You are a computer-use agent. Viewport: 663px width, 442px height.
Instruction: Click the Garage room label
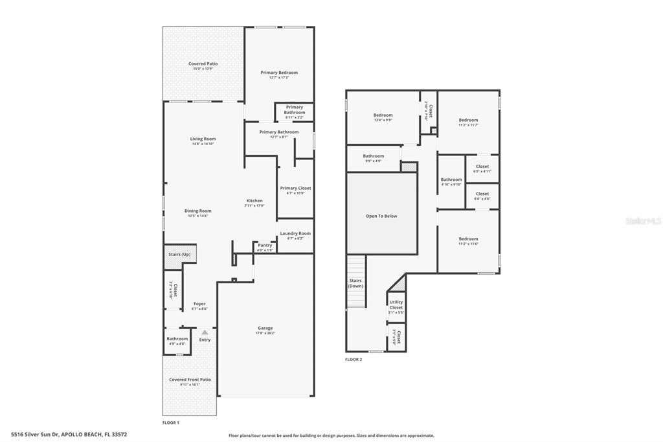(x=265, y=329)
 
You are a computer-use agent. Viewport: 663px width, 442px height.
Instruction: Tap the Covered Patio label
(x=203, y=64)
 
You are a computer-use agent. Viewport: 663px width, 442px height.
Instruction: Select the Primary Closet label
(x=295, y=189)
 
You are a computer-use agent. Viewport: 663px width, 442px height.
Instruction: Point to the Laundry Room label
(x=295, y=234)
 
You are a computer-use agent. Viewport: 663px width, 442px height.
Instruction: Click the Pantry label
(x=265, y=246)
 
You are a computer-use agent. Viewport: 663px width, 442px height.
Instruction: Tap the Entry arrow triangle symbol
(x=205, y=332)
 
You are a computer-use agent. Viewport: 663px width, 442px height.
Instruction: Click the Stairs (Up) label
(x=179, y=254)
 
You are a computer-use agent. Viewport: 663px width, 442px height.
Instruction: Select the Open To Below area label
(x=381, y=216)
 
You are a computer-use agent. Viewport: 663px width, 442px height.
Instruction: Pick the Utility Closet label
(x=396, y=304)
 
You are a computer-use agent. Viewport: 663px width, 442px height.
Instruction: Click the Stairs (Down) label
(x=355, y=283)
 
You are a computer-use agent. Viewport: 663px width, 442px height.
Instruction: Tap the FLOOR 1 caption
(x=171, y=423)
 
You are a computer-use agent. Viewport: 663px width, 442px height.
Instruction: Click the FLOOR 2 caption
(x=354, y=359)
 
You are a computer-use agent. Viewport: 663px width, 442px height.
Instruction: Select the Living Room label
(x=203, y=139)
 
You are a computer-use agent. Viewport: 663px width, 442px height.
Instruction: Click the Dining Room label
(x=198, y=211)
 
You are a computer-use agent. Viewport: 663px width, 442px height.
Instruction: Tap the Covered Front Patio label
(x=190, y=380)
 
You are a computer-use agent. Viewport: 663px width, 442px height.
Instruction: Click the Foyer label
(x=199, y=304)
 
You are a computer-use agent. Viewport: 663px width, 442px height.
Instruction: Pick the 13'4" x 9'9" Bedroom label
(x=383, y=116)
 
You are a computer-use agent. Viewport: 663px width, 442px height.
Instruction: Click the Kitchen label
(x=254, y=202)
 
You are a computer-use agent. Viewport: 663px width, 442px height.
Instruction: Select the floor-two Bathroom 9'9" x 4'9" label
(x=373, y=157)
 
